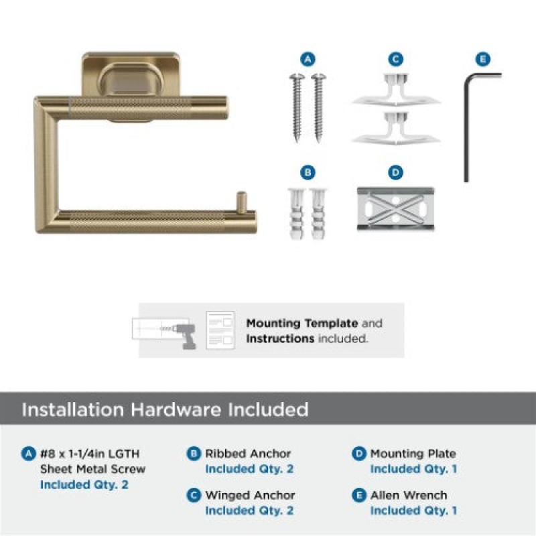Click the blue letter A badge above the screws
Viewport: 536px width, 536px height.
pos(308,59)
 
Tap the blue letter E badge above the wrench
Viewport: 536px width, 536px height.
pos(482,59)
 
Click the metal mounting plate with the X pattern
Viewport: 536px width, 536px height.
pos(395,209)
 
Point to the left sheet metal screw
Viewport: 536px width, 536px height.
pos(297,107)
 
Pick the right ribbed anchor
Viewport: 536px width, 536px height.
pos(318,213)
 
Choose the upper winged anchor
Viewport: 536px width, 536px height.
pos(396,90)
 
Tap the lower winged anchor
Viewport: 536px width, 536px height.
pos(396,128)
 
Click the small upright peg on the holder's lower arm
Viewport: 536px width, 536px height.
pos(241,201)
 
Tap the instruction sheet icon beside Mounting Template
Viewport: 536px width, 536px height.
pos(220,330)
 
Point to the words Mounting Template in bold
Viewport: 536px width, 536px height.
pos(302,323)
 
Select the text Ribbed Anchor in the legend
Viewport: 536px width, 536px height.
pos(248,454)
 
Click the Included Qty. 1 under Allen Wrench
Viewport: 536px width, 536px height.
pos(413,511)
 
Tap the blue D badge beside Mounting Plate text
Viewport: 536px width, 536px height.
pos(359,454)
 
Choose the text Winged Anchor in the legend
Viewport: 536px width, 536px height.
pos(250,495)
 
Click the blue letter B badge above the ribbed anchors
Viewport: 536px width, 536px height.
pos(308,172)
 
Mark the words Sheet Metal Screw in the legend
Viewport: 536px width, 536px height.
pos(92,469)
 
